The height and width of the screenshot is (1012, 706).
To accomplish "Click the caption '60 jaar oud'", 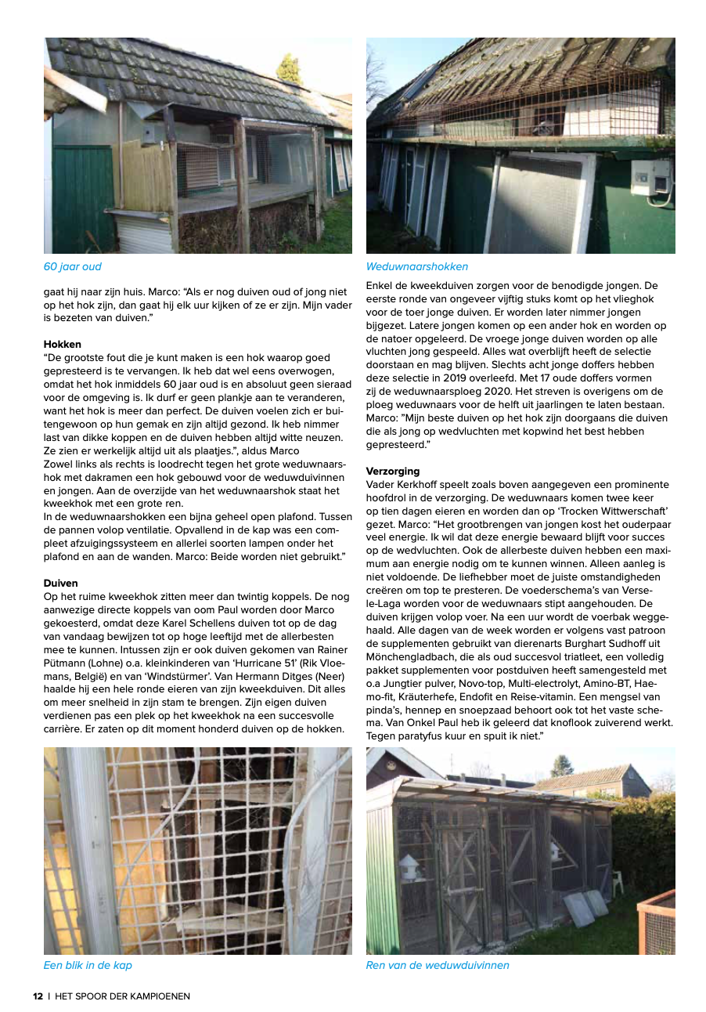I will (x=72, y=267).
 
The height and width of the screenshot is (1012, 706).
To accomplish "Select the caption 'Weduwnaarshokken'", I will (x=416, y=267).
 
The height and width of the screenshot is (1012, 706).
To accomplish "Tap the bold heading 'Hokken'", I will (x=63, y=344).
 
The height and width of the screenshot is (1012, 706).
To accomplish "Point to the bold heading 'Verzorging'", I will (x=393, y=472).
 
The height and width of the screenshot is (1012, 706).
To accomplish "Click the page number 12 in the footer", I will (x=38, y=996).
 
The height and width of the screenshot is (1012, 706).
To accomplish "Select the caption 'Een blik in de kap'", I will (x=88, y=965).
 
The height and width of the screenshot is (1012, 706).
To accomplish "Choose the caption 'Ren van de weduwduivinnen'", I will (x=438, y=965).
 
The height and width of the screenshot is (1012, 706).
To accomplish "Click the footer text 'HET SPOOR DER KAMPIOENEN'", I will (x=122, y=996).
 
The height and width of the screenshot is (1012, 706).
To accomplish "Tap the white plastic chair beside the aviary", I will (x=618, y=880).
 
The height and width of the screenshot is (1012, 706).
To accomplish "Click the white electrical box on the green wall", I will (x=651, y=179).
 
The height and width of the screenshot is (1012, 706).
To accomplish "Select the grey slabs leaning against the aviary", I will (x=586, y=906).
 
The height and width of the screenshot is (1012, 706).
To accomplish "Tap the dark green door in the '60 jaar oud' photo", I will (x=83, y=199).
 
